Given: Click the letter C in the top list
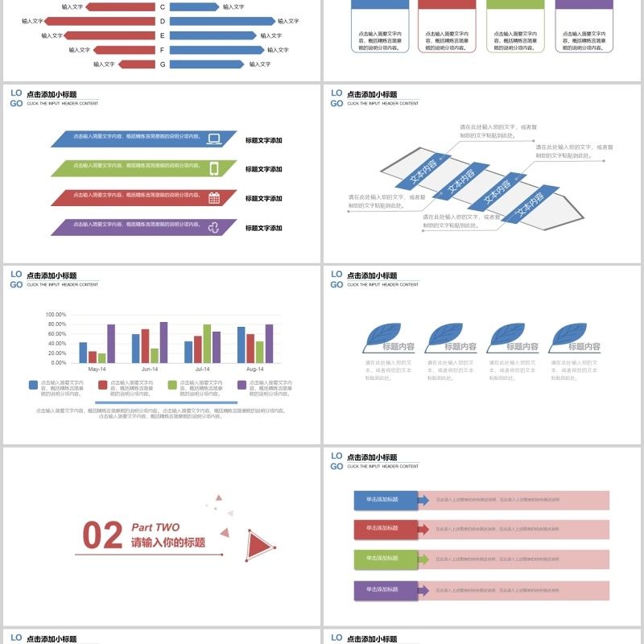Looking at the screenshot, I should click(x=163, y=6).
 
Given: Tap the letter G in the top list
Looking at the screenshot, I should click(x=163, y=64).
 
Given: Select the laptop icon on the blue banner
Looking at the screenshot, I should click(x=214, y=138).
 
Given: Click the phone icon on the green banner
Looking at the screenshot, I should click(x=214, y=168).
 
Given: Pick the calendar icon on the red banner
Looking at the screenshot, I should click(x=214, y=198).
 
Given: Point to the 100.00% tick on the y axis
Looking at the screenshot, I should click(x=56, y=315).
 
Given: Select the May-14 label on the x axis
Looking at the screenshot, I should click(x=97, y=369).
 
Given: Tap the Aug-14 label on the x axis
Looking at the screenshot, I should click(x=255, y=369).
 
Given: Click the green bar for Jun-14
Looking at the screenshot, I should click(x=155, y=355).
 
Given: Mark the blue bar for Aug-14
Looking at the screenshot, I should click(x=242, y=345).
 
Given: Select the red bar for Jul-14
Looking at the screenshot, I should click(x=198, y=349).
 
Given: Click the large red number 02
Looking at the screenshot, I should click(x=103, y=536).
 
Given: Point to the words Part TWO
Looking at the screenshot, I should click(x=155, y=527).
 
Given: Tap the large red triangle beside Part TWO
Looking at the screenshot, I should click(x=259, y=545).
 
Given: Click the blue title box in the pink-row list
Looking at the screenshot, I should click(x=385, y=500).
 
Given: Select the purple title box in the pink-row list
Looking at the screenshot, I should click(x=385, y=590).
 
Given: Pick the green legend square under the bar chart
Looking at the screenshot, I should click(x=171, y=385).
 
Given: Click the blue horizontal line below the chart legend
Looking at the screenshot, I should click(x=166, y=402).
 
